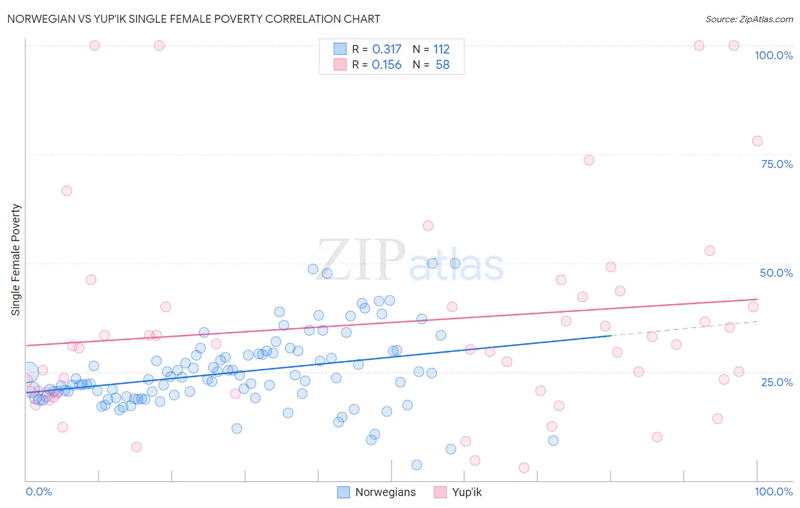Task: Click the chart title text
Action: [193, 19]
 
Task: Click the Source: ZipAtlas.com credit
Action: [749, 19]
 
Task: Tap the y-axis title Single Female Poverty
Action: [16, 260]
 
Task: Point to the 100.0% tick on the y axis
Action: [773, 55]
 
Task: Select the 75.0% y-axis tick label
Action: [777, 164]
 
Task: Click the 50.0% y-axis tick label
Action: [776, 273]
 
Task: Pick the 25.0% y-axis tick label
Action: [777, 382]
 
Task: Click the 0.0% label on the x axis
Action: [39, 491]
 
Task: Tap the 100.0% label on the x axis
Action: [773, 491]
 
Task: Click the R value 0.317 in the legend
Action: [386, 50]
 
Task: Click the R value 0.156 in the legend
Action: [386, 65]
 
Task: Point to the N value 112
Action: [441, 50]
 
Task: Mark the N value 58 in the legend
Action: [442, 65]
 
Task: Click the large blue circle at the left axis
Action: [28, 372]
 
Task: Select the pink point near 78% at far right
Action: [757, 141]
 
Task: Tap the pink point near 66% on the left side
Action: [67, 191]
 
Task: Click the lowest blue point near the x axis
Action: [417, 465]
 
